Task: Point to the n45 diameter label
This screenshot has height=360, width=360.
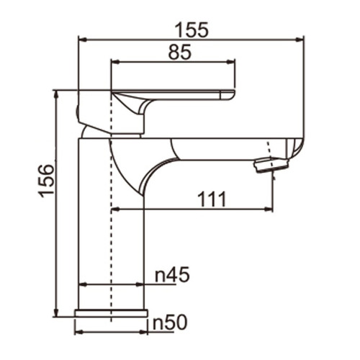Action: click(x=171, y=274)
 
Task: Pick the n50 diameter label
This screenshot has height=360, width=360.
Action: click(x=171, y=323)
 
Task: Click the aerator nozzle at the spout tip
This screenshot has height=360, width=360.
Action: click(x=271, y=165)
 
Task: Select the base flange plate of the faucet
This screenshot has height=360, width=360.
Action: click(x=111, y=313)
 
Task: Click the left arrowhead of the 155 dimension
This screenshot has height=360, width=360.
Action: click(x=81, y=40)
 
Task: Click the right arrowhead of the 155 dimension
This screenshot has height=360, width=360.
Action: click(x=300, y=40)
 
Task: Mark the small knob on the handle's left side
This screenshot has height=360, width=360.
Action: click(x=78, y=110)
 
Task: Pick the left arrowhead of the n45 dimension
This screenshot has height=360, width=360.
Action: click(x=81, y=284)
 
